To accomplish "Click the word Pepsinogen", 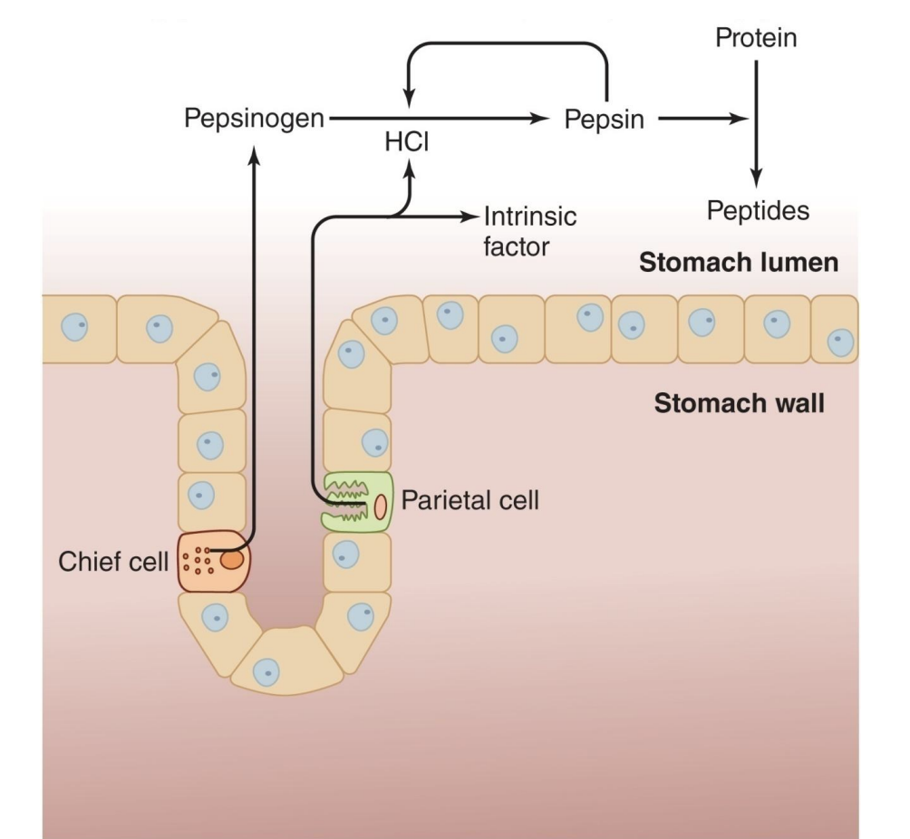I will tap(254, 119).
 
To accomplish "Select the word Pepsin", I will tap(604, 119).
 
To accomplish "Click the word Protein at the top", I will tap(756, 38).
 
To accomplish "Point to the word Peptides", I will tap(758, 211).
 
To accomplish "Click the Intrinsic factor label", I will tap(529, 231).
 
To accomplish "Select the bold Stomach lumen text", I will tap(738, 264).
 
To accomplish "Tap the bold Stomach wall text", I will tap(739, 402).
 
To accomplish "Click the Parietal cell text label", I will tap(470, 499).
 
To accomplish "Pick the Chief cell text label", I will tap(113, 562).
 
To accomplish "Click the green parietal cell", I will tap(357, 501).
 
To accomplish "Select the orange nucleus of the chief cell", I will tap(231, 561).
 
